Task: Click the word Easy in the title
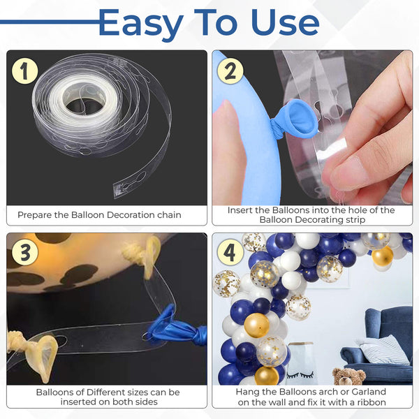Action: tap(141, 24)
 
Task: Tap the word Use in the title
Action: tap(285, 23)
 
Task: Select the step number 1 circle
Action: tap(25, 71)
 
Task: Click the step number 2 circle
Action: tap(230, 71)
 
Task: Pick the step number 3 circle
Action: tap(25, 252)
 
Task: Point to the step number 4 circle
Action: tap(230, 252)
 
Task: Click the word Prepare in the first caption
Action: tap(34, 215)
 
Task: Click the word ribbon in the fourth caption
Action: tap(372, 402)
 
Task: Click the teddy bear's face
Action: tap(346, 376)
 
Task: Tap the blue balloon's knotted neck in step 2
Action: tap(277, 128)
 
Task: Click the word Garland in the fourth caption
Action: tap(369, 392)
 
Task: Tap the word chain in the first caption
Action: tap(169, 215)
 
